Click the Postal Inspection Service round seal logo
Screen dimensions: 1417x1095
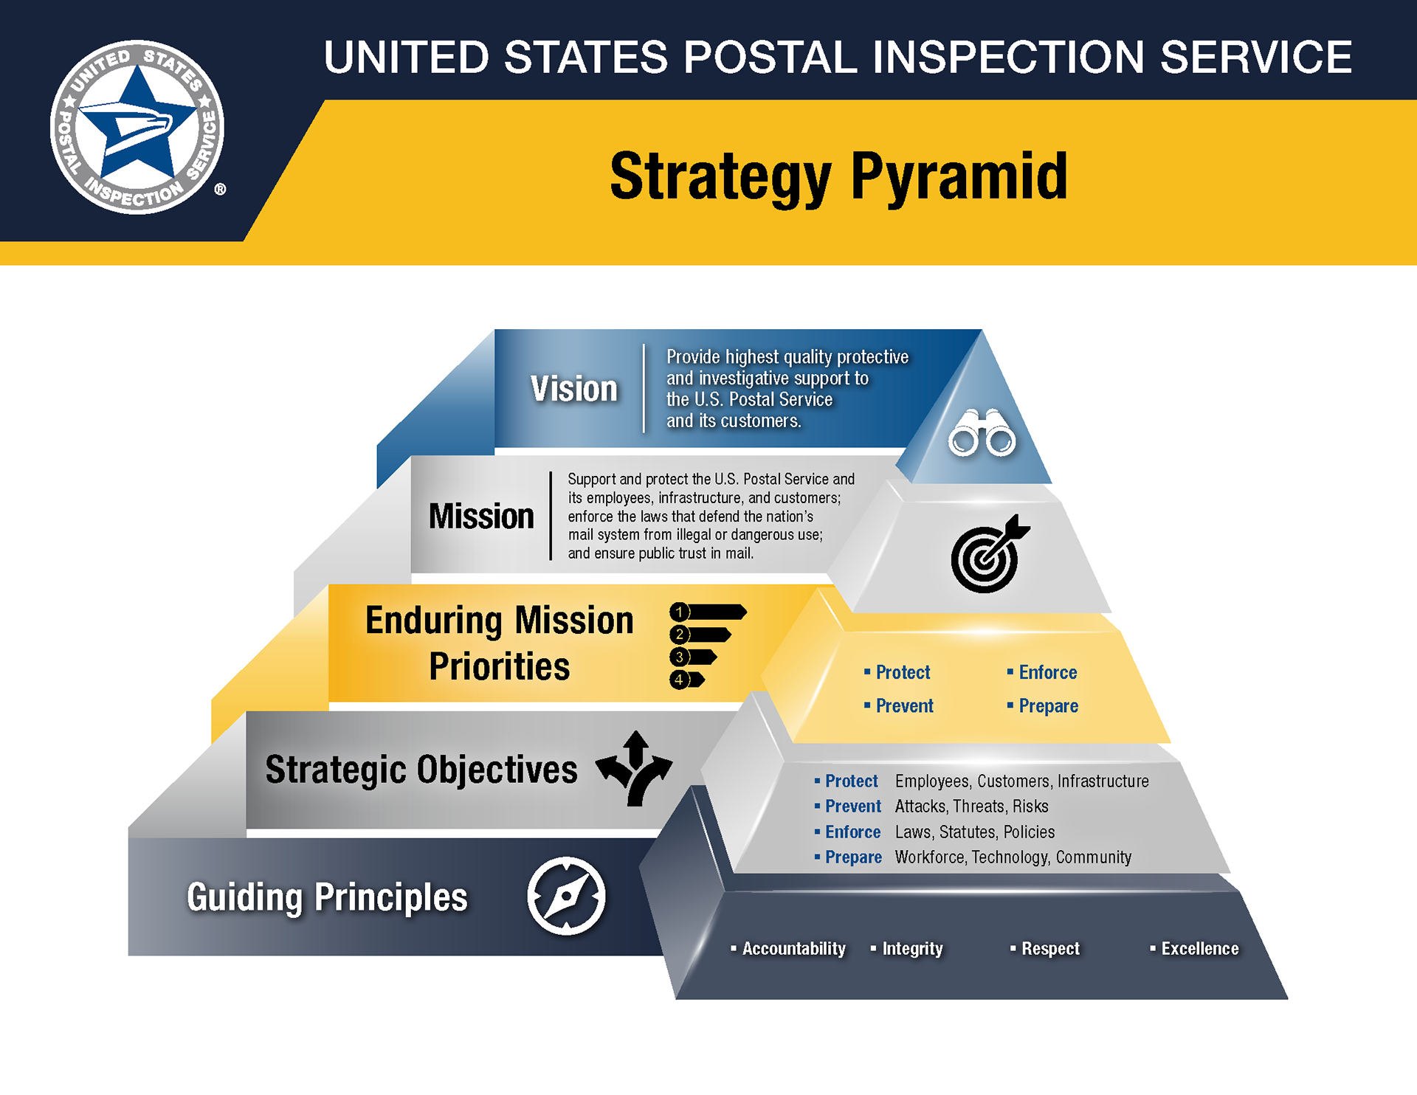pos(137,127)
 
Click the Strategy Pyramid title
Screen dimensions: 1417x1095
pos(838,177)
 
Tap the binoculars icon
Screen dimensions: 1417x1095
pos(982,433)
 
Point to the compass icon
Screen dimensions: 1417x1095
pos(566,896)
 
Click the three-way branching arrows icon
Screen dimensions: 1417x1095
pos(634,768)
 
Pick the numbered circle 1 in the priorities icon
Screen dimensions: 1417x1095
pos(680,612)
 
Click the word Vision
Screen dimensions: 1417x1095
pos(573,389)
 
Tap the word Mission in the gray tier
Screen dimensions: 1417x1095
pos(481,516)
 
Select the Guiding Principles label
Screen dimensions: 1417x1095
pos(327,897)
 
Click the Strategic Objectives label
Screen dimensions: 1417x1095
pos(421,770)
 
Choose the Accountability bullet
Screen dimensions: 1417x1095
pos(793,948)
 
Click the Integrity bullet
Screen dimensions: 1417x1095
pos(912,948)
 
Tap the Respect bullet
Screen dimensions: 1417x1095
pos(1049,948)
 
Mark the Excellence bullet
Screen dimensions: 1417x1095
pos(1199,948)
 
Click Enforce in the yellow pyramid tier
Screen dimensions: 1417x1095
pos(1047,672)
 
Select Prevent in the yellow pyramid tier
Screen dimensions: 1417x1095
pos(904,706)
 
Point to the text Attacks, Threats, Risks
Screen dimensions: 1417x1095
pos(971,806)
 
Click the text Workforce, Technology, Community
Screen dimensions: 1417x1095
pos(1013,857)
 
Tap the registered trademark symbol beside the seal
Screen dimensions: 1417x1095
pos(220,190)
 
